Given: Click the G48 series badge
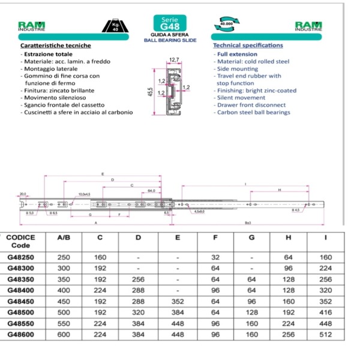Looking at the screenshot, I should pos(166,23).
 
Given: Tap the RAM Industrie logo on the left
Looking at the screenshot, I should pos(32,26).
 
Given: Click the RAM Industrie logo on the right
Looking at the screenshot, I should pos(308,26).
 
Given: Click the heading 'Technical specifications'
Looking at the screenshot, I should pos(248,46).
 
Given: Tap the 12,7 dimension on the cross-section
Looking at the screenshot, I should pos(174,60).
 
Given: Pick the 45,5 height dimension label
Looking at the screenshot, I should pos(150,93).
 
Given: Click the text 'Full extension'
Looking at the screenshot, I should pos(238,54).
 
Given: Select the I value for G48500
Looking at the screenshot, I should pos(325,312).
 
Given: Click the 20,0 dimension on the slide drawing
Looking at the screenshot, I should pos(23,194).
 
